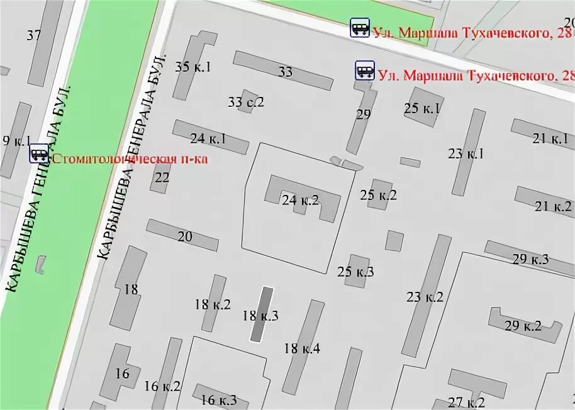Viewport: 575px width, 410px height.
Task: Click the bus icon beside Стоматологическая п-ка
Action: coord(39,153)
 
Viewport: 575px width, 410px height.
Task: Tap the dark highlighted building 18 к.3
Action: coord(262,314)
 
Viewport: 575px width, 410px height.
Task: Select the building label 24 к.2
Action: coord(300,201)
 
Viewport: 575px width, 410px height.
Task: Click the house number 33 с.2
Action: coord(246,102)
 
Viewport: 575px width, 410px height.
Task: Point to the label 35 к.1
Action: coord(193,67)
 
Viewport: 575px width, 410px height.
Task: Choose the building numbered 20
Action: coord(184,236)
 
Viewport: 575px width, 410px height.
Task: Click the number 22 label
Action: coord(162,177)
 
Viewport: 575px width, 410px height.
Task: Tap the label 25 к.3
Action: coord(355,272)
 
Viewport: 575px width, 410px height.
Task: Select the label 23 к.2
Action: coord(425,297)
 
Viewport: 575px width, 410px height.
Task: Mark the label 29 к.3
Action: coord(530,259)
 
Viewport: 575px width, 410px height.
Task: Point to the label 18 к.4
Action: coord(302,348)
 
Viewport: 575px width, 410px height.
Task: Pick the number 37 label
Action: coord(34,35)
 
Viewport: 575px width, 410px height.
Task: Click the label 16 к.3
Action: coord(219,399)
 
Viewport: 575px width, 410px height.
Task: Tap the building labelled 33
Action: coord(286,72)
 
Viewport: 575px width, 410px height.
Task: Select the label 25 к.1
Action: coord(422,108)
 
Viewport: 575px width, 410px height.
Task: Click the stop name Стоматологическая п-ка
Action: coord(130,158)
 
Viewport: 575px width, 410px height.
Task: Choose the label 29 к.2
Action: coord(523,326)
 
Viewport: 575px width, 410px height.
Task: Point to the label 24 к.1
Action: coord(208,139)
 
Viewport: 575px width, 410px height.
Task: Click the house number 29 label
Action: coord(363,114)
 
